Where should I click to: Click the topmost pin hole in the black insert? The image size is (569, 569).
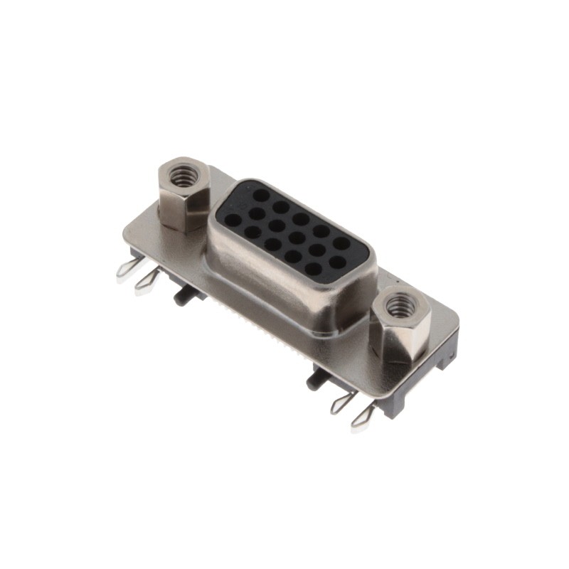coord(261,193)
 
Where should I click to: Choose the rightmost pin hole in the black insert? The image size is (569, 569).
coord(341,243)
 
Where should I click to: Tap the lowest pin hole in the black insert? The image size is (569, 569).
coord(313,269)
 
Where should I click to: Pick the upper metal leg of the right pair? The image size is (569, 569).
coord(343,403)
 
